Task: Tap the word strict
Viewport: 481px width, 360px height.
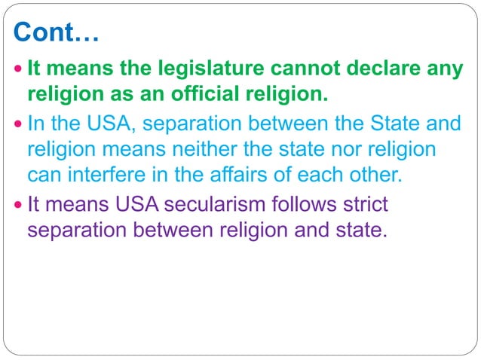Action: coord(365,204)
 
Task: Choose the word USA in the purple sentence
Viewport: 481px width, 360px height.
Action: coord(126,204)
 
